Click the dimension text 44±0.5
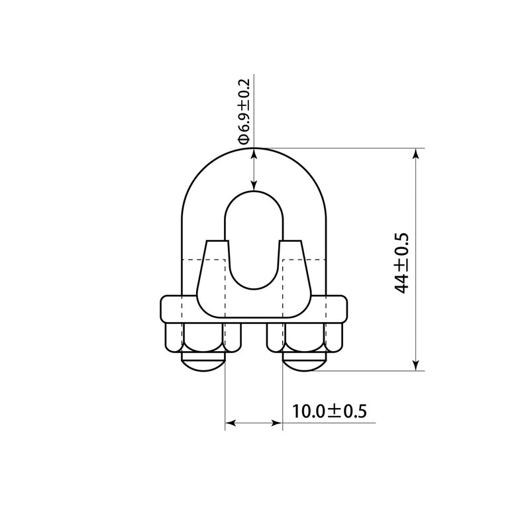(x=401, y=263)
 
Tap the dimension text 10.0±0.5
(x=329, y=411)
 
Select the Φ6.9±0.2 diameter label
(x=244, y=111)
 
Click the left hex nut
(x=203, y=338)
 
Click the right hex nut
(x=305, y=338)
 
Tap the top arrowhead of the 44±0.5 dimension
(x=416, y=154)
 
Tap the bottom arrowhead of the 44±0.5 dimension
(x=416, y=365)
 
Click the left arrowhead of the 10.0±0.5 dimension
(x=231, y=423)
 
